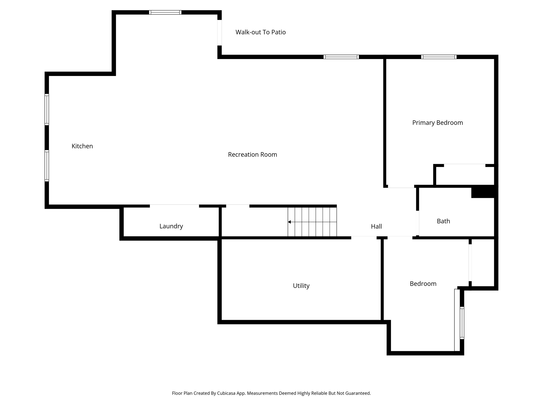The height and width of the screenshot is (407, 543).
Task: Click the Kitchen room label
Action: pyautogui.click(x=82, y=146)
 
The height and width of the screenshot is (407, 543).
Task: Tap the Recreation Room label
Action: pyautogui.click(x=252, y=154)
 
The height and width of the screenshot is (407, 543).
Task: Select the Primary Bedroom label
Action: pyautogui.click(x=437, y=123)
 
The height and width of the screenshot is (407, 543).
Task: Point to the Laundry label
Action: pyautogui.click(x=171, y=226)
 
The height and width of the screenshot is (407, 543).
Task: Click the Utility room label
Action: pyautogui.click(x=301, y=286)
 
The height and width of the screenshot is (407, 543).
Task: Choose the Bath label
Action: pyautogui.click(x=443, y=221)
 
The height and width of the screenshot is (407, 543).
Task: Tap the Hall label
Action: pyautogui.click(x=376, y=226)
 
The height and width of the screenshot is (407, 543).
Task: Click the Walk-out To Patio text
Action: pyautogui.click(x=260, y=32)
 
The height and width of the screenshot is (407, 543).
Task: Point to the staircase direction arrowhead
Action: pyautogui.click(x=290, y=222)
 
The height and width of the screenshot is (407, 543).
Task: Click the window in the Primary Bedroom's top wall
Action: pyautogui.click(x=439, y=57)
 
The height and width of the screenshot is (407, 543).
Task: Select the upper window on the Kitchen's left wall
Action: pyautogui.click(x=47, y=109)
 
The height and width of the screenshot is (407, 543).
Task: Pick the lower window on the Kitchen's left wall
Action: pyautogui.click(x=47, y=166)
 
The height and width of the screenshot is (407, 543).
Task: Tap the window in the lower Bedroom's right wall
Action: pyautogui.click(x=462, y=323)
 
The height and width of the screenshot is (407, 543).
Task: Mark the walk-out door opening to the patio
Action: pyautogui.click(x=220, y=33)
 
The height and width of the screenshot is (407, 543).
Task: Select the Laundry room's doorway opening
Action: pyautogui.click(x=174, y=206)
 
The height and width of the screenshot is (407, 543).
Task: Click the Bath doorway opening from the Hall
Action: pyautogui.click(x=418, y=223)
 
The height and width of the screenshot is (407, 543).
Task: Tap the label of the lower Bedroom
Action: pyautogui.click(x=423, y=284)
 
